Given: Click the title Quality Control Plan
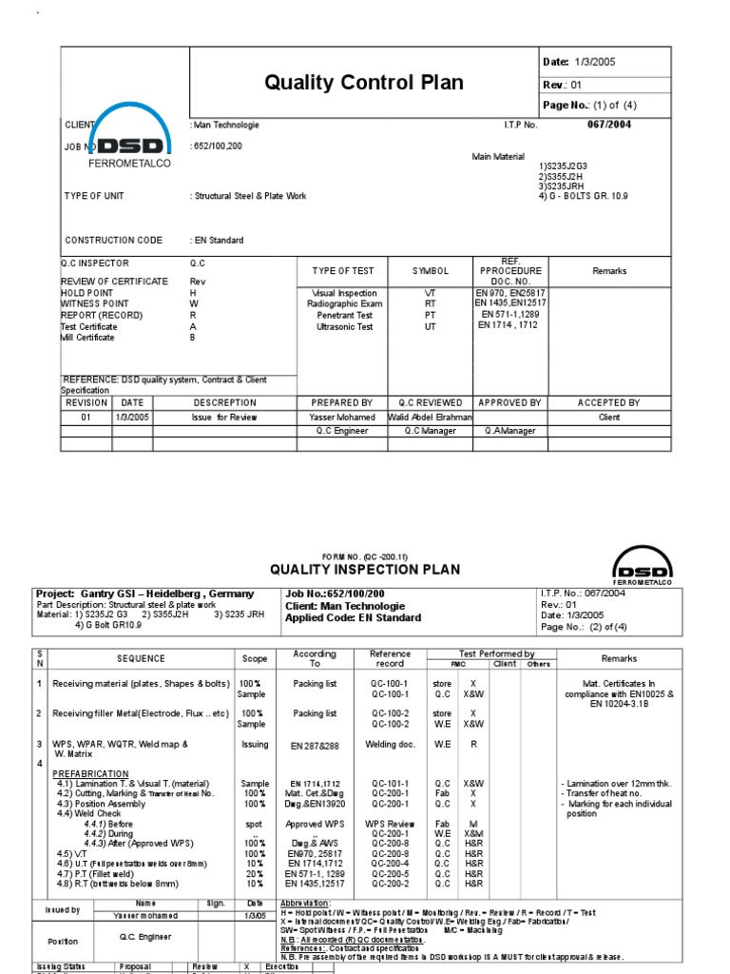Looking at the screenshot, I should point(364,83).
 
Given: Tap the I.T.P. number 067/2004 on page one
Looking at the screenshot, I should point(609,125).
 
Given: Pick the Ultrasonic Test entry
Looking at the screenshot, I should point(344,326).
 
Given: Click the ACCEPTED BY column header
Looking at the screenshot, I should point(609,402).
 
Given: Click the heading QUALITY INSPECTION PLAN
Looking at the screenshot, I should point(365,570).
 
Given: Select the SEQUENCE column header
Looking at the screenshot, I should point(141,658).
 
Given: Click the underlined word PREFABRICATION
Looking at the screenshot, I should point(90,774).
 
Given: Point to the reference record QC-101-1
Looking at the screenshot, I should point(390,784).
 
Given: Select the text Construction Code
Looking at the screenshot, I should point(113,241).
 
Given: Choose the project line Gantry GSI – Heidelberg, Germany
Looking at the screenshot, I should point(145,593).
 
